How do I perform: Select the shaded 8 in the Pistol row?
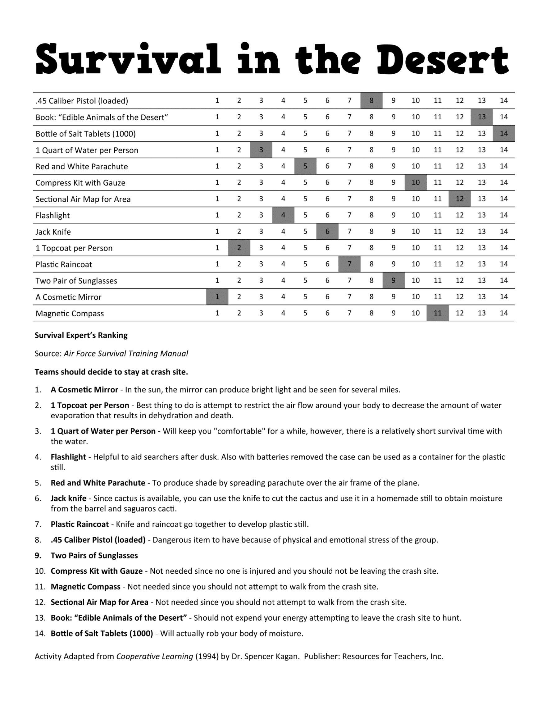(371, 101)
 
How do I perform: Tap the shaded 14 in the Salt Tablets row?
(504, 133)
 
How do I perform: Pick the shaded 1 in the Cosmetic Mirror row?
(217, 297)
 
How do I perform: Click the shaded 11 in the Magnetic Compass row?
(437, 313)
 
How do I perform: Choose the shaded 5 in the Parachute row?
(305, 166)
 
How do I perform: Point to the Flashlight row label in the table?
(53, 216)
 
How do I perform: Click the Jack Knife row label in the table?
(53, 232)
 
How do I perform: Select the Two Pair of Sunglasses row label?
(76, 281)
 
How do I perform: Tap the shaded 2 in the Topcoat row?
(239, 248)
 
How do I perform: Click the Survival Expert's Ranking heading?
(81, 335)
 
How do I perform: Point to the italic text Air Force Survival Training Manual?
(126, 354)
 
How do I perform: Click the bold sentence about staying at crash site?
(111, 372)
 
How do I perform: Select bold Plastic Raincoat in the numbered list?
(80, 524)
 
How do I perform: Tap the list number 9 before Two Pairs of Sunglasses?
(38, 556)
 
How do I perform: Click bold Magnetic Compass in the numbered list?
(85, 587)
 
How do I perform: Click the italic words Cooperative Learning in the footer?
(155, 656)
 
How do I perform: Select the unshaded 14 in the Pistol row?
(504, 101)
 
